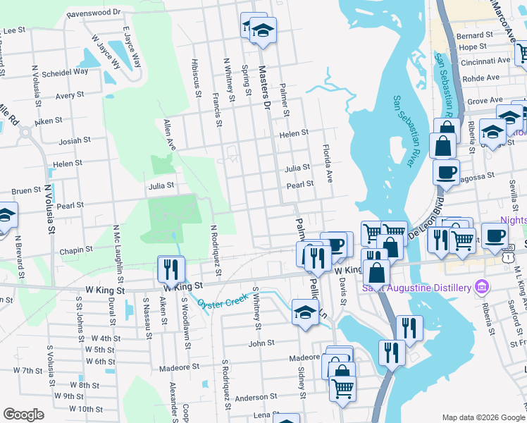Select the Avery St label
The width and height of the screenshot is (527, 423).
pos(70,94)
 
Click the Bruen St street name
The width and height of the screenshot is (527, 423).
pos(26,191)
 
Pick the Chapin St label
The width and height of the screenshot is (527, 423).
pos(77,250)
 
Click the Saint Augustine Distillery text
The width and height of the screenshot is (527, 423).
pos(416,288)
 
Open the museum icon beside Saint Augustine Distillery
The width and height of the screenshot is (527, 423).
pos(482,287)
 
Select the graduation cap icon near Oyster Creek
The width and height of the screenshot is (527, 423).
pos(304,312)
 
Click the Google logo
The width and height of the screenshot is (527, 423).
pos(24,415)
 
